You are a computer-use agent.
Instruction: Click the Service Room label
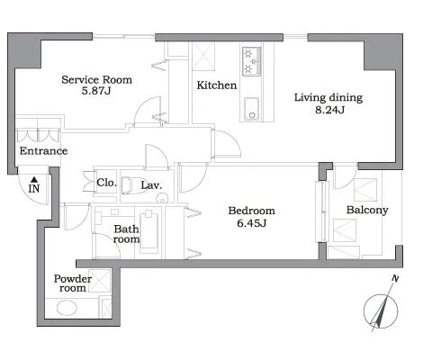click(96, 80)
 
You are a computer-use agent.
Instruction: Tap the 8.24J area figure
click(329, 110)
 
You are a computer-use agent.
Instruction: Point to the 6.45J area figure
click(251, 223)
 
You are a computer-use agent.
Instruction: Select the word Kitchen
click(217, 85)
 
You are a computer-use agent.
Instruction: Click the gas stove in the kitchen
click(251, 61)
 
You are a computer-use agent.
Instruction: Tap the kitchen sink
click(251, 109)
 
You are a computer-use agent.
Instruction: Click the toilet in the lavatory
click(131, 185)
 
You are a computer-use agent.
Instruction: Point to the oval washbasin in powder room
click(67, 308)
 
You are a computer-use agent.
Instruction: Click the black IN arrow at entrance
click(34, 180)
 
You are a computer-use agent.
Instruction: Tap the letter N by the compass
click(396, 278)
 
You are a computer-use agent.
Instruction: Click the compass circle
click(381, 311)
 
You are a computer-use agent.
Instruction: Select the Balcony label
click(367, 210)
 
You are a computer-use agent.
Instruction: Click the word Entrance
click(43, 150)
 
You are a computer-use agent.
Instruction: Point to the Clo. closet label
click(106, 183)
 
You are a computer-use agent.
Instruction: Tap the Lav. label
click(151, 185)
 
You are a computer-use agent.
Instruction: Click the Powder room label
click(73, 283)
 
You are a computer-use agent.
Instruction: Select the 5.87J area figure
click(96, 91)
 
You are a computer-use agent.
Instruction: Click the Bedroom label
click(251, 211)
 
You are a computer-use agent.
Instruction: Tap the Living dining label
click(328, 98)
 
